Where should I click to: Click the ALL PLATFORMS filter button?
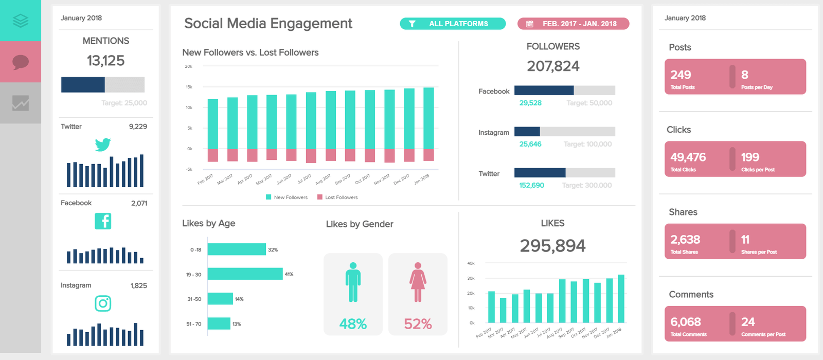coord(453,24)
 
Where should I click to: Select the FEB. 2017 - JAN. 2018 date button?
coord(573,24)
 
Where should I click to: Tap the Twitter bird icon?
coord(103,145)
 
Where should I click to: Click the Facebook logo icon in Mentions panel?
coord(103,221)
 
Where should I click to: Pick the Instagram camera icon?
coord(103,303)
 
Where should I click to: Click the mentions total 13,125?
coord(105,61)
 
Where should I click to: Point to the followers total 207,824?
coord(553,66)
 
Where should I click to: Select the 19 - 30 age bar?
coord(245,274)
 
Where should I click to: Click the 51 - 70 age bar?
coord(219,323)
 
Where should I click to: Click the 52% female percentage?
coord(418,324)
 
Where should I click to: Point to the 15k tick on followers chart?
coord(189,87)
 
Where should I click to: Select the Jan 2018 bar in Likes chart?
coord(621,299)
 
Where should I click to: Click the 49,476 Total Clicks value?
coord(688,157)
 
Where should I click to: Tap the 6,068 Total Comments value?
coord(686,322)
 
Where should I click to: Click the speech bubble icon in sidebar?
coord(21,62)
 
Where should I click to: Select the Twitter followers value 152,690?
coord(531,185)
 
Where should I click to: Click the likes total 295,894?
coord(552,246)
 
